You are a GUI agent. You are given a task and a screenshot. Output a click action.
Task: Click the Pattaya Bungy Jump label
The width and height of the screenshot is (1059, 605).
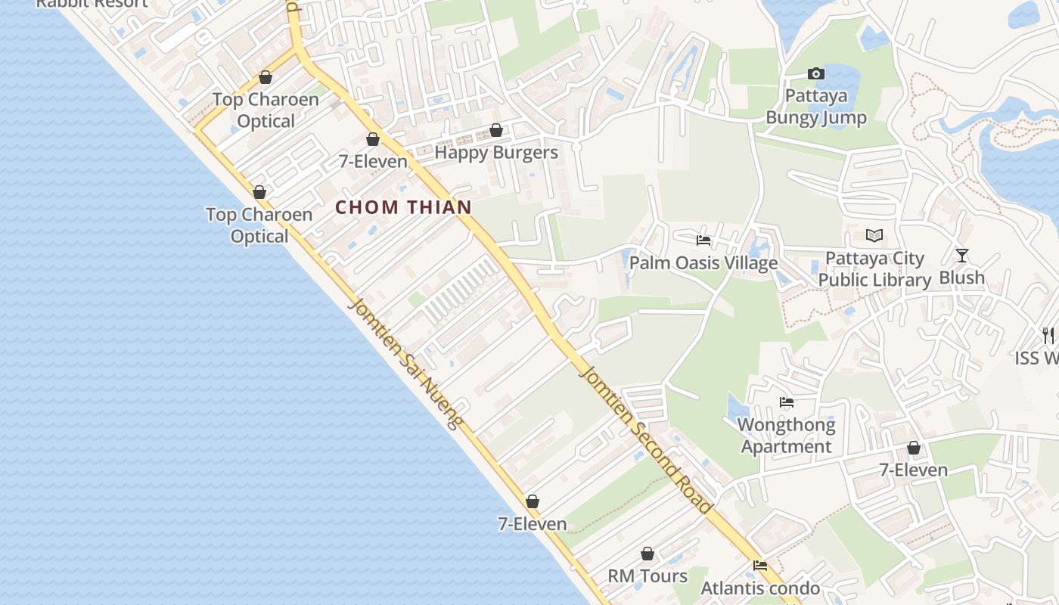[x=816, y=107]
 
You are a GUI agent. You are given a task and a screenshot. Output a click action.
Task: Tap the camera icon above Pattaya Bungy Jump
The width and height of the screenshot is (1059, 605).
[x=815, y=73]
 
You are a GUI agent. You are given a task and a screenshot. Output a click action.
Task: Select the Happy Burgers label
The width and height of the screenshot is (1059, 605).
[x=496, y=152]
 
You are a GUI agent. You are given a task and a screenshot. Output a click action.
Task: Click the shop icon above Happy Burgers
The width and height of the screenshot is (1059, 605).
[x=496, y=130]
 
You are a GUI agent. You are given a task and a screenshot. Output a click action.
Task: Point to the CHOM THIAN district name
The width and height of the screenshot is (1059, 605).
[x=403, y=207]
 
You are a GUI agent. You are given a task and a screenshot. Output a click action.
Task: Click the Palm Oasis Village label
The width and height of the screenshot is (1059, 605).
[x=703, y=263]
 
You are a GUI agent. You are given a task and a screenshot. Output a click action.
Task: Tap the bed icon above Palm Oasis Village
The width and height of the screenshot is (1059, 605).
[x=703, y=240]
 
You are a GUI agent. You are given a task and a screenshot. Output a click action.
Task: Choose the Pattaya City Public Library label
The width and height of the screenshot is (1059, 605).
[x=874, y=269]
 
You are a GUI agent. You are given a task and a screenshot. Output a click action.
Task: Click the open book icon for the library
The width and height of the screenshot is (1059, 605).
[x=874, y=236]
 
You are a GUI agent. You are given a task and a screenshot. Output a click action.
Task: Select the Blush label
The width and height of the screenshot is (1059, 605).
[x=961, y=278]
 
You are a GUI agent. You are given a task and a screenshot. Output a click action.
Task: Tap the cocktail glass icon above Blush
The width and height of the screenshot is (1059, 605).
[x=961, y=256]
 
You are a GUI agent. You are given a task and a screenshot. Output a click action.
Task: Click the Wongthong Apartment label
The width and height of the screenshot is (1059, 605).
[x=787, y=436]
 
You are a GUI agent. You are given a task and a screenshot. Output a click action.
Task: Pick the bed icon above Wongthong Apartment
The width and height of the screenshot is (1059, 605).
[x=787, y=402]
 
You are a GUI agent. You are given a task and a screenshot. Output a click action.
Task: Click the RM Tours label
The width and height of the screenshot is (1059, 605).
[x=648, y=576]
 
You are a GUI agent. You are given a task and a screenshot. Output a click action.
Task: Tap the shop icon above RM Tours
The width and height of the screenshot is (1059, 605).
[x=648, y=554]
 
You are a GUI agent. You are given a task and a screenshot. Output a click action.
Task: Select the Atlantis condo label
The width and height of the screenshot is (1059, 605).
[x=760, y=588]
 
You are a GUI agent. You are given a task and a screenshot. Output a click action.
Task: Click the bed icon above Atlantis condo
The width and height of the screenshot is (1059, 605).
[x=760, y=565]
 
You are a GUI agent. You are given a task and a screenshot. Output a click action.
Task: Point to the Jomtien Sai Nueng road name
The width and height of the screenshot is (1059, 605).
[x=405, y=364]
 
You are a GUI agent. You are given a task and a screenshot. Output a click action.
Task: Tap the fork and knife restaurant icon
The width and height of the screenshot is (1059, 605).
[x=1048, y=335]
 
